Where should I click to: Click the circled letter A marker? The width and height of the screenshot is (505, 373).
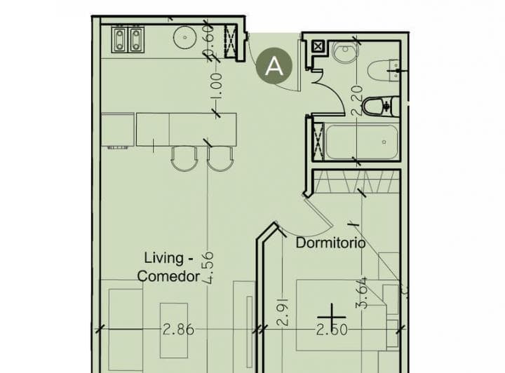coord(274,66)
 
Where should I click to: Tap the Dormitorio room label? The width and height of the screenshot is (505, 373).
coord(330,243)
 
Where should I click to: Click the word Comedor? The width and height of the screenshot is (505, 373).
coord(169,276)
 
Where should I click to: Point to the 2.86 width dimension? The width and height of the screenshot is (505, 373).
coord(178,330)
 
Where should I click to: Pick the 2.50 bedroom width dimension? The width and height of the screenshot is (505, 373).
coord(332,330)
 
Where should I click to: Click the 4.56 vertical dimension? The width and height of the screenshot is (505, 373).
coord(208,268)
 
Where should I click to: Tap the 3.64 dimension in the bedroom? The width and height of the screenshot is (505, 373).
coord(362,293)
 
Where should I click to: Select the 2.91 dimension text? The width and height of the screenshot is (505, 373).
coord(283,312)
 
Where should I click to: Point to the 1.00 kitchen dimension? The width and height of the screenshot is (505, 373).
coord(216,86)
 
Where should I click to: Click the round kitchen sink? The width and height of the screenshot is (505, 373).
coord(185,37)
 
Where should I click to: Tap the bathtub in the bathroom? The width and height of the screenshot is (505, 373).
coord(362,142)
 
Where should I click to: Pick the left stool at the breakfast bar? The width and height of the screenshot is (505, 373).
coord(184,158)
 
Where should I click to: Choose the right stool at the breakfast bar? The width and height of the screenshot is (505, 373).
coord(220,158)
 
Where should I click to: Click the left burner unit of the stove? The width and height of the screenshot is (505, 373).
coord(119,39)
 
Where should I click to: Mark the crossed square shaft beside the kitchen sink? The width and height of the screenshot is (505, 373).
coord(231,41)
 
